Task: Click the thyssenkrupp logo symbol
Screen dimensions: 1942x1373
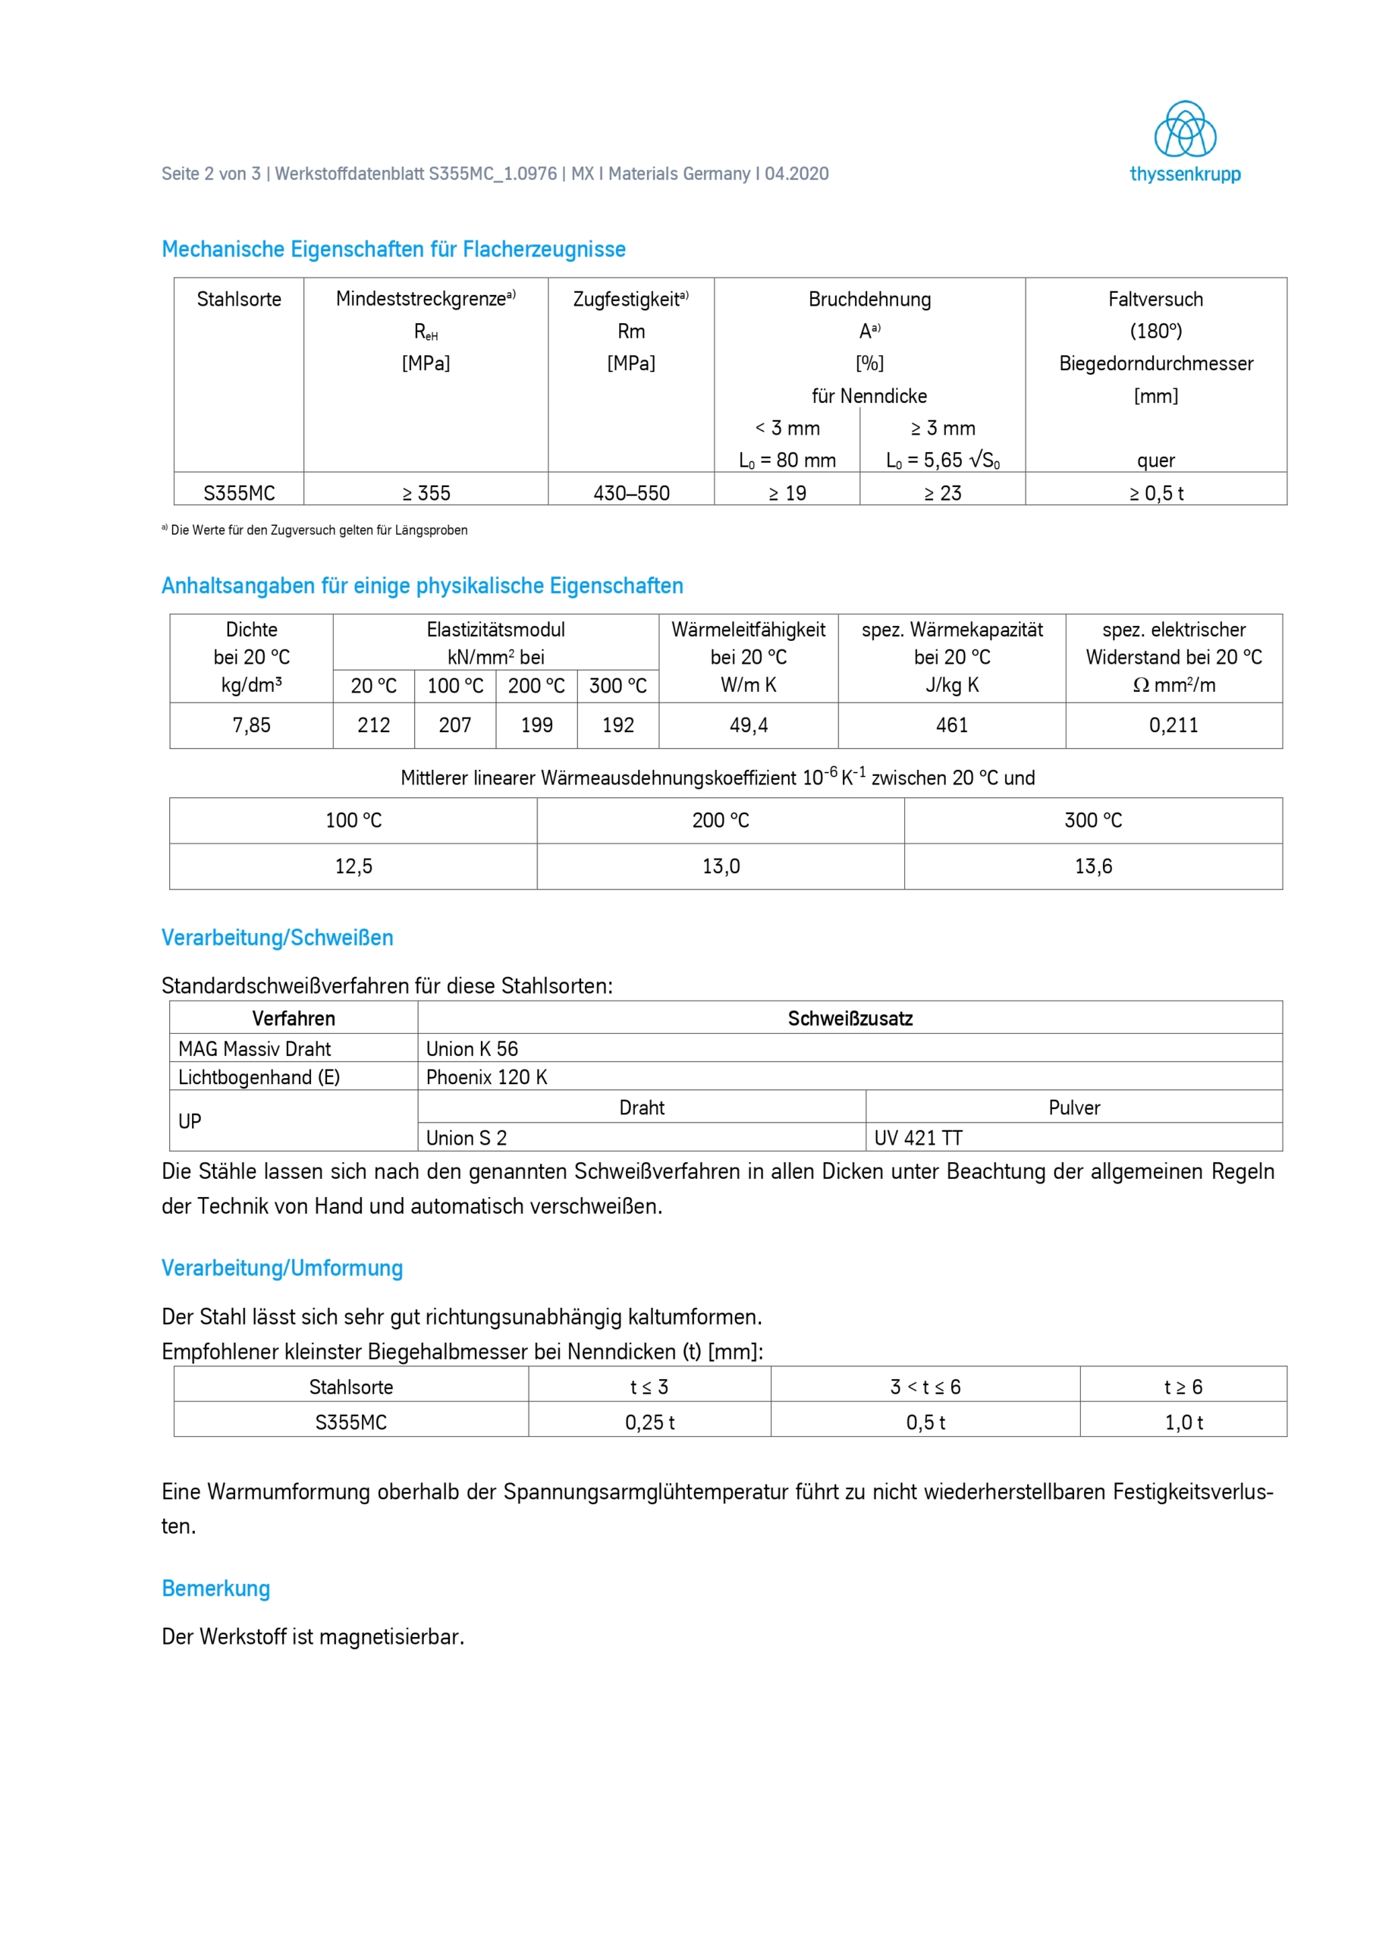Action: [x=1184, y=130]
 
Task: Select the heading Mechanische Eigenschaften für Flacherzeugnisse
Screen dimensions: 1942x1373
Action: [x=394, y=250]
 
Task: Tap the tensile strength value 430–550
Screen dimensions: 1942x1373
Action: [x=631, y=493]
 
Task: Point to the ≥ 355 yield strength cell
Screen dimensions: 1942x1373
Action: [x=426, y=493]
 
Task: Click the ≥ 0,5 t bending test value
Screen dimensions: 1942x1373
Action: [x=1155, y=493]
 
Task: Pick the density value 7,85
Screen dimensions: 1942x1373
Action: [x=251, y=725]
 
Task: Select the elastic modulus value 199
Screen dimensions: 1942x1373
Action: [x=536, y=725]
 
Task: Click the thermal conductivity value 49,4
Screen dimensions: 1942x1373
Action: [x=749, y=725]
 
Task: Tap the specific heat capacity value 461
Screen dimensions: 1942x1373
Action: [x=952, y=725]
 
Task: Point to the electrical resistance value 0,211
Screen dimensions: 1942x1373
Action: [x=1173, y=725]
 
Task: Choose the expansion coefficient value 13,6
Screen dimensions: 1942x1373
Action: [x=1093, y=866]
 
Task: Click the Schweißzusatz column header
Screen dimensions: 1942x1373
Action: [x=850, y=1018]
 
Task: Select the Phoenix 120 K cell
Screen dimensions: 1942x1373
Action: [x=486, y=1076]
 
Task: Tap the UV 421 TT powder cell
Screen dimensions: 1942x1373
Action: [x=919, y=1138]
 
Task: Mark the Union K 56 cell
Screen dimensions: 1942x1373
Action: [x=472, y=1049]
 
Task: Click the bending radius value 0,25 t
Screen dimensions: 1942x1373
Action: [x=649, y=1422]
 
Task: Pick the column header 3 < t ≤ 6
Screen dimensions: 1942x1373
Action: [x=925, y=1387]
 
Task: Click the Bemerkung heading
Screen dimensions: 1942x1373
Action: [x=215, y=1588]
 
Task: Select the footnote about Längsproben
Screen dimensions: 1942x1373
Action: [x=315, y=530]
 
